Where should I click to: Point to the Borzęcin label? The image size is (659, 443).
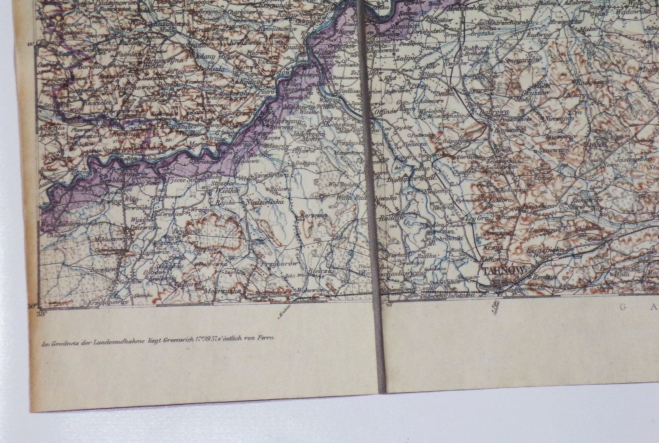(314, 215)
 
